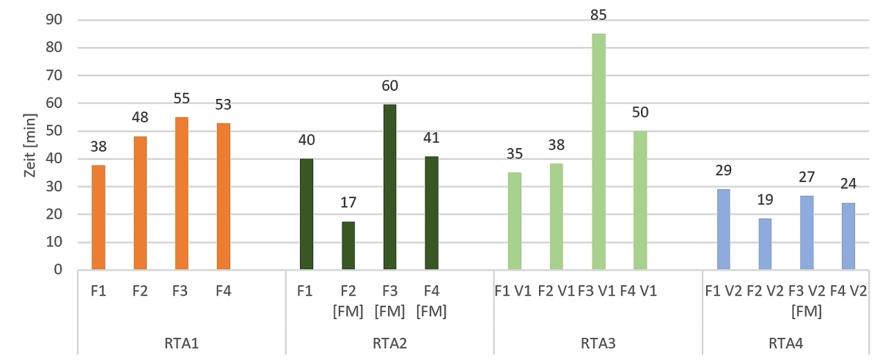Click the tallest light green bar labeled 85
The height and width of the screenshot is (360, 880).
(598, 152)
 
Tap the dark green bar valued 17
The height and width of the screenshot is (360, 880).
(348, 246)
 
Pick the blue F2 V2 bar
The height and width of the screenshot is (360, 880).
(765, 244)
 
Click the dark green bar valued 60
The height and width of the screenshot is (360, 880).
(389, 187)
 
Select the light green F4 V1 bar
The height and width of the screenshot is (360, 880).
(640, 200)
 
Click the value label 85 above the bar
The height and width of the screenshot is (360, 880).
(598, 15)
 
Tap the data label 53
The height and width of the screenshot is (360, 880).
(223, 104)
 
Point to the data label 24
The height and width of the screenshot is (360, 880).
(848, 183)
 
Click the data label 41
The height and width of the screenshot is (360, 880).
(431, 138)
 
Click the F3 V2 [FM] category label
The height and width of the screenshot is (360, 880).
(807, 301)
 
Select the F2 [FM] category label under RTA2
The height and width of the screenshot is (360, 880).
(348, 301)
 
